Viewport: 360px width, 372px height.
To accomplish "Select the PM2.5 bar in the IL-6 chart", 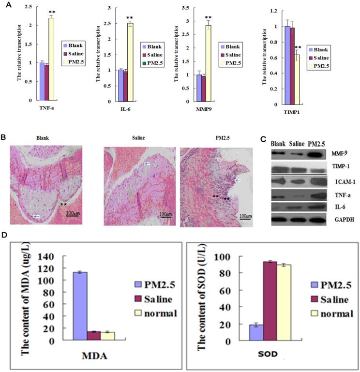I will (130, 62).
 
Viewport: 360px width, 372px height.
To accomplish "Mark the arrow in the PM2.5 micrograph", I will (237, 180).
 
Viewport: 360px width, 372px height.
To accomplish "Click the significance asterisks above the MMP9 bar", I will (208, 17).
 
